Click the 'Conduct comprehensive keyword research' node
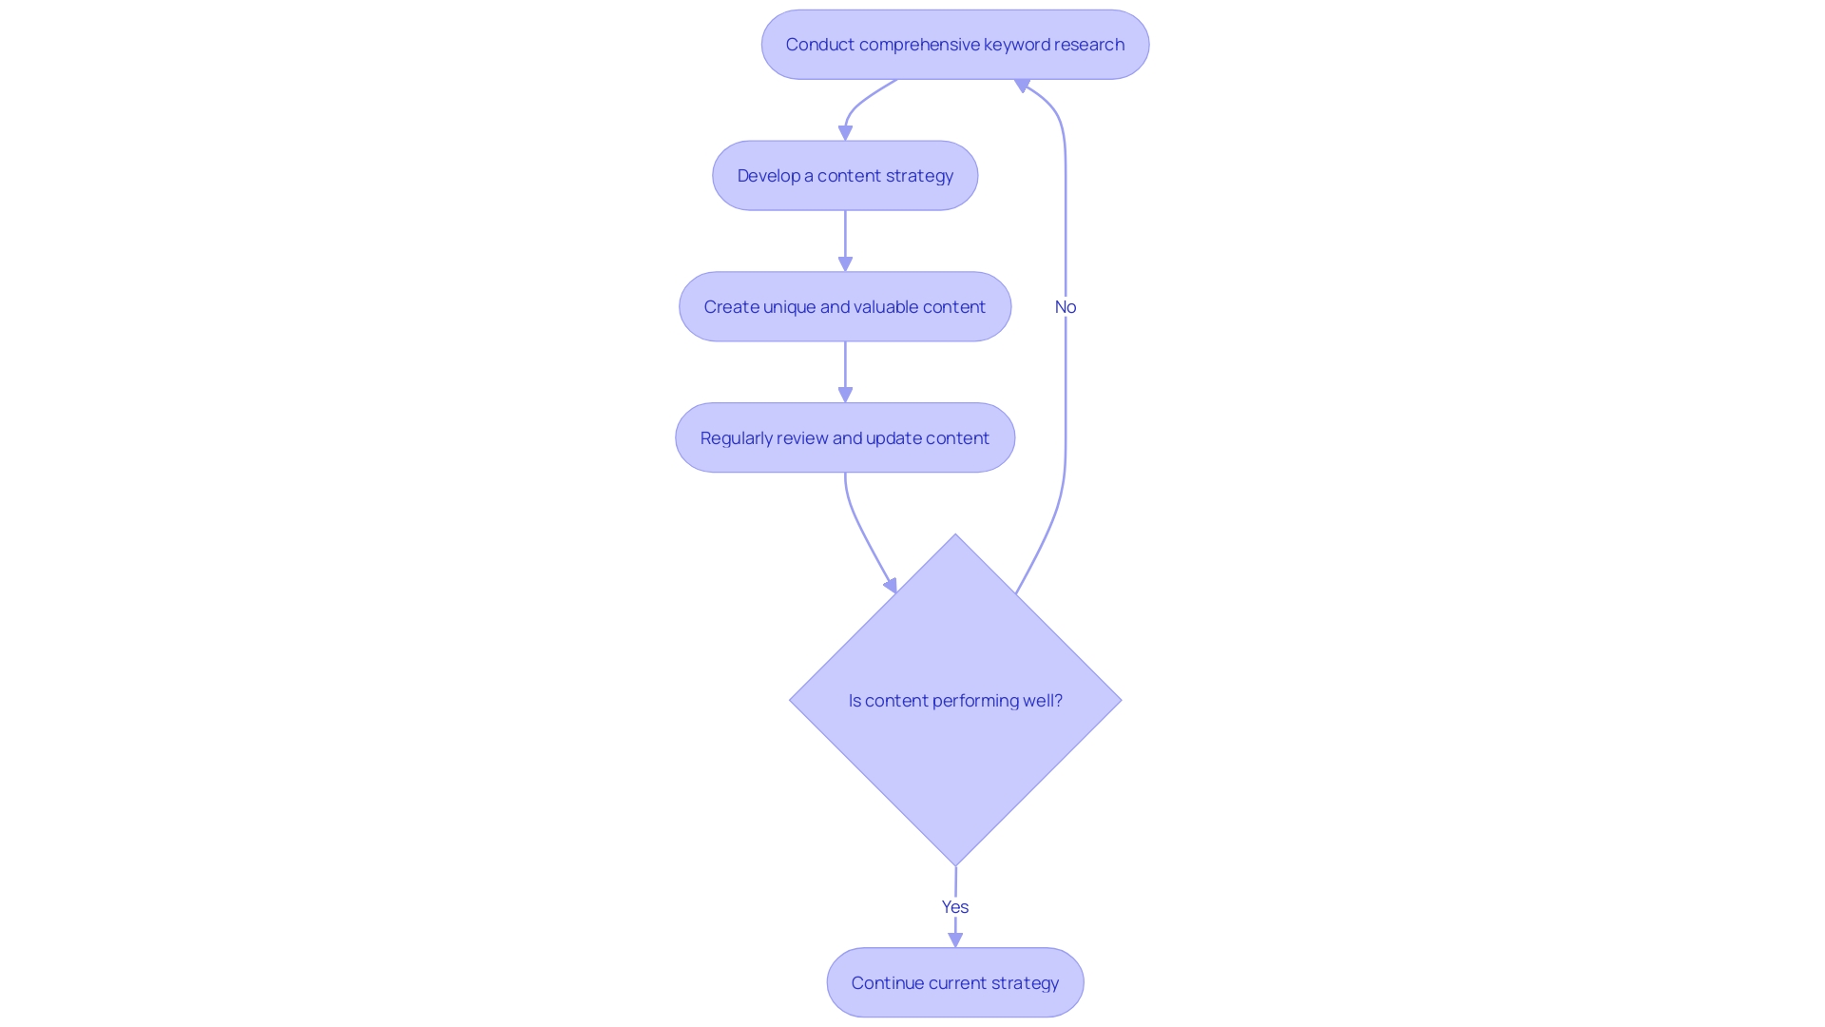click(x=954, y=45)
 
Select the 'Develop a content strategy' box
click(x=845, y=176)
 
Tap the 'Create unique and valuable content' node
click(x=845, y=307)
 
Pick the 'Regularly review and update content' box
click(x=845, y=438)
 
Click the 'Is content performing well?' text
click(x=954, y=701)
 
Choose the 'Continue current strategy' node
click(x=954, y=983)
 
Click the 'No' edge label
click(x=1065, y=307)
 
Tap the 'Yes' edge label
click(x=954, y=907)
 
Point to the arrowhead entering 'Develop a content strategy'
click(x=845, y=133)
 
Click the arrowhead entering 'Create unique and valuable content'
click(x=845, y=263)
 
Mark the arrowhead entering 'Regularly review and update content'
click(x=845, y=395)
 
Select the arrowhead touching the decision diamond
click(x=892, y=586)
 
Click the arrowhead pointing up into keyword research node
click(x=1023, y=86)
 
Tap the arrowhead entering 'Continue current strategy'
click(x=955, y=940)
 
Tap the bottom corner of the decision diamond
click(x=955, y=863)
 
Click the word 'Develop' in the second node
click(x=768, y=176)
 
